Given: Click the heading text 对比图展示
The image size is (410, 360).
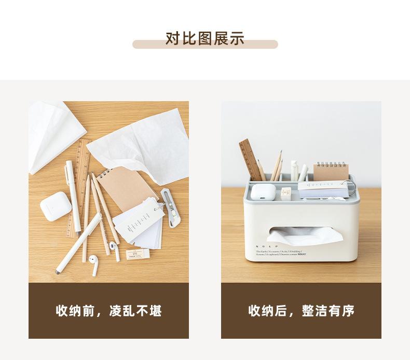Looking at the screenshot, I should coord(204,39).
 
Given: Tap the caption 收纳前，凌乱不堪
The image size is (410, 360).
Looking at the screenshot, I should coord(108,311).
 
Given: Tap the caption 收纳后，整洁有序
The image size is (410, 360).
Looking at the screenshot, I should coord(301,311).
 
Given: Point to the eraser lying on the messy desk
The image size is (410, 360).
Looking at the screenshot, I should coord(138,254).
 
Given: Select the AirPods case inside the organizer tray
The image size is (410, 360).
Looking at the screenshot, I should coord(263,191).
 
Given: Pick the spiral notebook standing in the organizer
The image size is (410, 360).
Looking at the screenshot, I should coord(331,172).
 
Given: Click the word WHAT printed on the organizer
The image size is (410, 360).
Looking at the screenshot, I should coord(302,254).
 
